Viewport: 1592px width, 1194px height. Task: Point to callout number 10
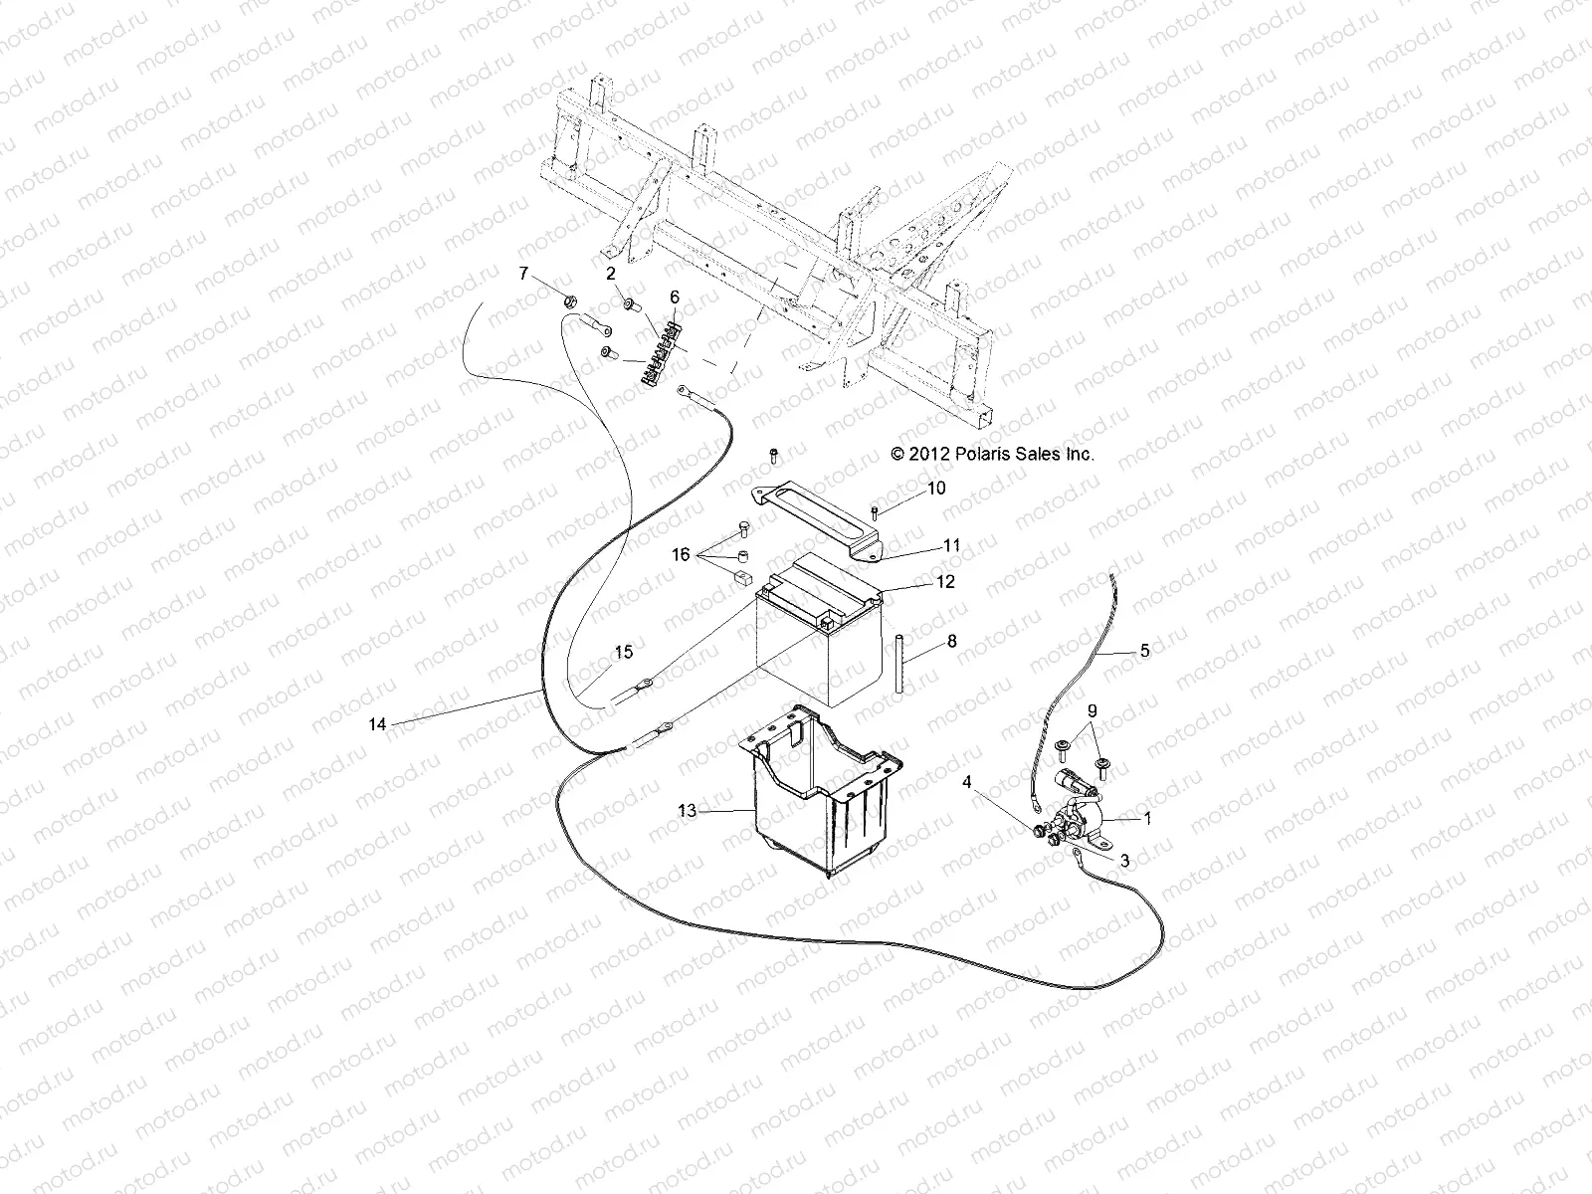(936, 489)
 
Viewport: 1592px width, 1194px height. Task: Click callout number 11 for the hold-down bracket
(952, 545)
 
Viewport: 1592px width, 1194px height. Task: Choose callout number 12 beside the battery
(945, 582)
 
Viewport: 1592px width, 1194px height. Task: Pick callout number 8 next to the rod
(951, 642)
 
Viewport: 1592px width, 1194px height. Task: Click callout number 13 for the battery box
(688, 811)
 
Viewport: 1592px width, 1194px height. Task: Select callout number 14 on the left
(377, 725)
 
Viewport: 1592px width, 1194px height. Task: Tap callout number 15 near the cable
(623, 653)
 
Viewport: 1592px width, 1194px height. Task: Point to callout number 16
(681, 555)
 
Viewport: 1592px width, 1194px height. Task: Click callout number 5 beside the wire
(1144, 651)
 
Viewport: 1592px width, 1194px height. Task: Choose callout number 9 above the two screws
(1093, 711)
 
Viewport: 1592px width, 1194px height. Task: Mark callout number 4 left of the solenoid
(966, 782)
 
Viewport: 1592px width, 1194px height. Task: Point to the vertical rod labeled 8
(898, 666)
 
